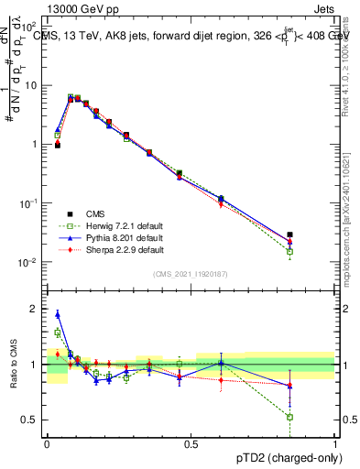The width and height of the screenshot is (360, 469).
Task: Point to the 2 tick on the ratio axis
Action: coord(37,309)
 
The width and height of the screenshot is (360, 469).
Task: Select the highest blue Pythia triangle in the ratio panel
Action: coord(58,314)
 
